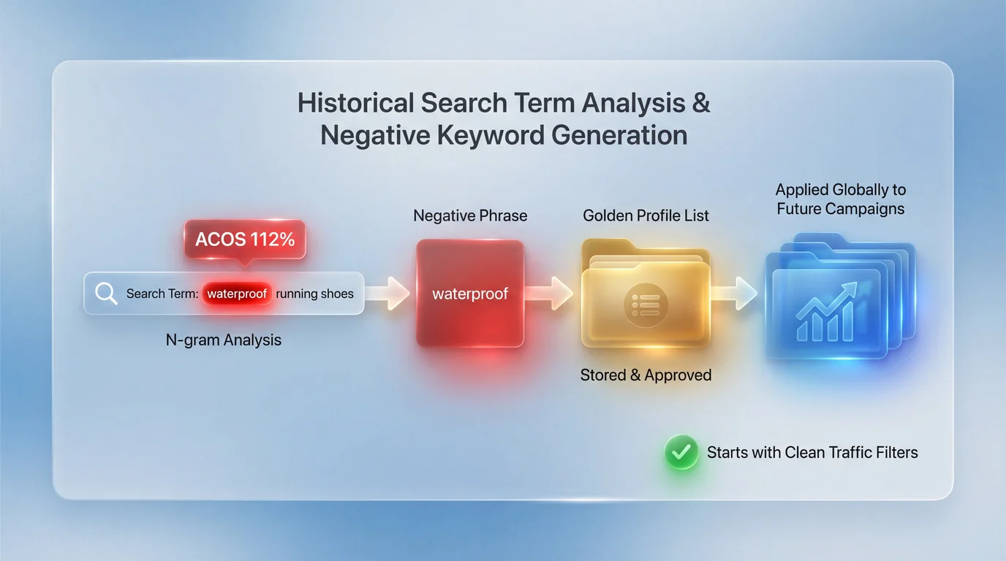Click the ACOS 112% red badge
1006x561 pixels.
(245, 240)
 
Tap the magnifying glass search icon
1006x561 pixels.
(107, 294)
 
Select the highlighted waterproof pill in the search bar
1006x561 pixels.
(237, 294)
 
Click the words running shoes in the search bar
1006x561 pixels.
(314, 294)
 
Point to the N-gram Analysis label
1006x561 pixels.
(224, 340)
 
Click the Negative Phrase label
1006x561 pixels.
(470, 215)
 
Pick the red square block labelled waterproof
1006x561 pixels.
(470, 294)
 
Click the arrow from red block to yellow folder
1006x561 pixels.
(551, 294)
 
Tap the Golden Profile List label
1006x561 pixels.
(646, 215)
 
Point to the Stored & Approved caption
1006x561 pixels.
(646, 375)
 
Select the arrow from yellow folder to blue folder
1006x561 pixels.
(735, 294)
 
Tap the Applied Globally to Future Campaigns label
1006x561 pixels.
(841, 199)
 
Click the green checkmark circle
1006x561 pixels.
(681, 452)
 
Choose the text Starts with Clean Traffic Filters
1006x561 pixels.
(812, 452)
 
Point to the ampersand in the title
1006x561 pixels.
(700, 103)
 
